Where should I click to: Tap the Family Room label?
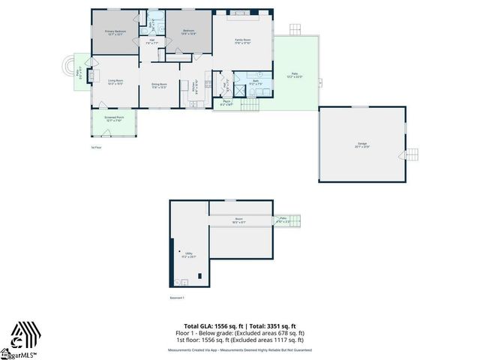pos(242,40)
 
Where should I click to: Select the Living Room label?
pos(115,82)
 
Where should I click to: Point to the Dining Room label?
pos(159,85)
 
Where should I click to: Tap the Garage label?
pos(361,144)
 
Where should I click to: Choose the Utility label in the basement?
pos(190,255)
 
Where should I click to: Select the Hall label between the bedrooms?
pos(151,42)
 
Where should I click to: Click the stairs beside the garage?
pos(411,156)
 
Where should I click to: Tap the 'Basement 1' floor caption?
pos(178,298)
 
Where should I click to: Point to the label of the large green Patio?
pos(294,74)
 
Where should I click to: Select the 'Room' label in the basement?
pos(238,221)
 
